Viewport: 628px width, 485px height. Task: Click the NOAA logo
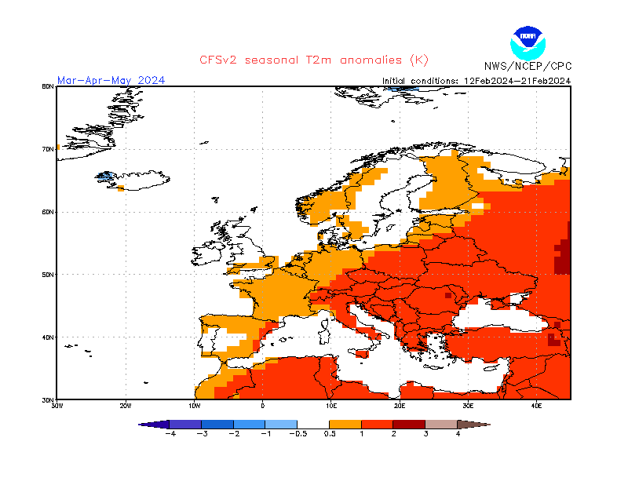526,41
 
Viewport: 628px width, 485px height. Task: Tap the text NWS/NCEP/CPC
527,66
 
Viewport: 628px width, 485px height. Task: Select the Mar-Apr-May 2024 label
111,80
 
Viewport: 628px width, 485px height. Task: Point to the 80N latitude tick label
48,86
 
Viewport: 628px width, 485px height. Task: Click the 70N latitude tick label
48,149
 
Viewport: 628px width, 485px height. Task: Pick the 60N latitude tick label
48,212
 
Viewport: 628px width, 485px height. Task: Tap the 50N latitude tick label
48,275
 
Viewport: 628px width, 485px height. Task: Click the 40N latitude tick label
48,337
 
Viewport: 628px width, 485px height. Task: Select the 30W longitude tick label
57,406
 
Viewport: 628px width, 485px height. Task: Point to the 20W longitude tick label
126,406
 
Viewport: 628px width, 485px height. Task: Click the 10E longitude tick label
331,406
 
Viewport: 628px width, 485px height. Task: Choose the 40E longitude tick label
537,406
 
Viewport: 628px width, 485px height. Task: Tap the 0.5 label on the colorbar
330,433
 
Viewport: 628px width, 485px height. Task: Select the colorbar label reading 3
425,433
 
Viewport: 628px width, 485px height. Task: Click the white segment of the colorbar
313,424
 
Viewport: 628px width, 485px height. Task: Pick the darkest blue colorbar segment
185,424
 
